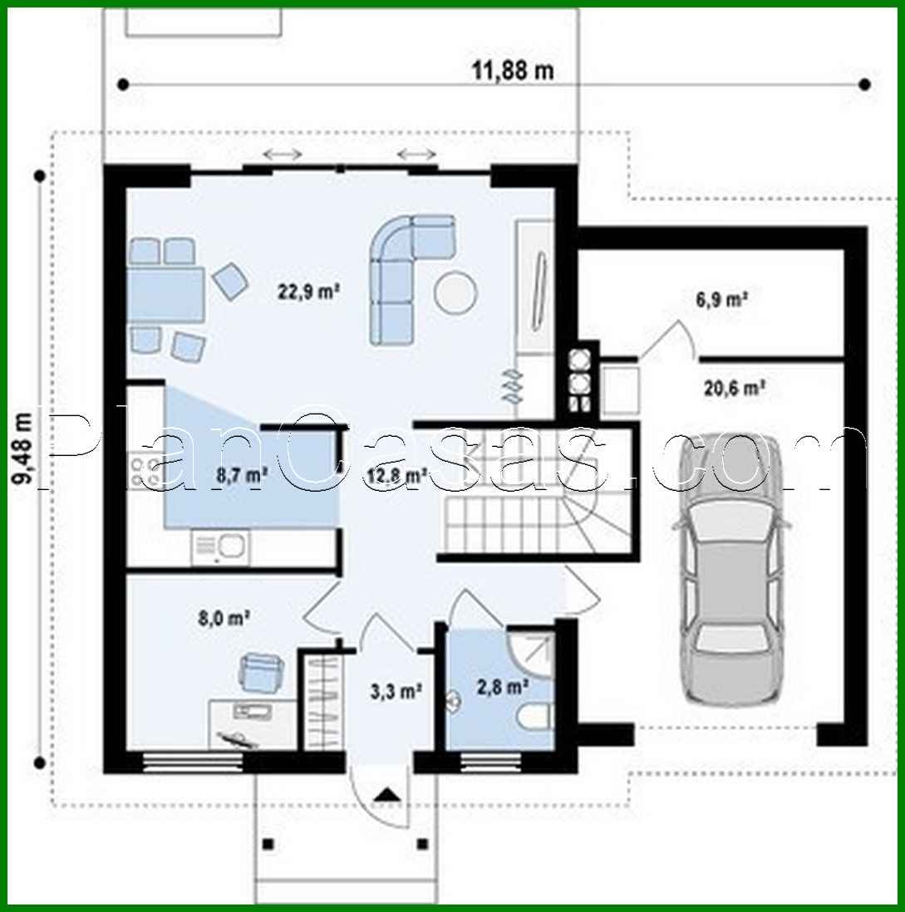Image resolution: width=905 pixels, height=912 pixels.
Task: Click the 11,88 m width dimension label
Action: [x=513, y=71]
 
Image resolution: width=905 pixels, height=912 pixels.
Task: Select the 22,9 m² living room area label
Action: [x=308, y=292]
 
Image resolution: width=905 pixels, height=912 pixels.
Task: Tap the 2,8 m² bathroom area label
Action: [x=503, y=687]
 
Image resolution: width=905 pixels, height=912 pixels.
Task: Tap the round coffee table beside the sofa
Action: [x=455, y=292]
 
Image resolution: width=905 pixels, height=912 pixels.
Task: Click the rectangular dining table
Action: [x=166, y=295]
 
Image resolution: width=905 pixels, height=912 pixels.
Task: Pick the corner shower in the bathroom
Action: [x=532, y=652]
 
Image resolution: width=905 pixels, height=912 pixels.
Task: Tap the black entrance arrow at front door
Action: [x=384, y=795]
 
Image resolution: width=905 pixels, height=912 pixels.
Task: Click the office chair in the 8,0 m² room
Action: [x=262, y=671]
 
